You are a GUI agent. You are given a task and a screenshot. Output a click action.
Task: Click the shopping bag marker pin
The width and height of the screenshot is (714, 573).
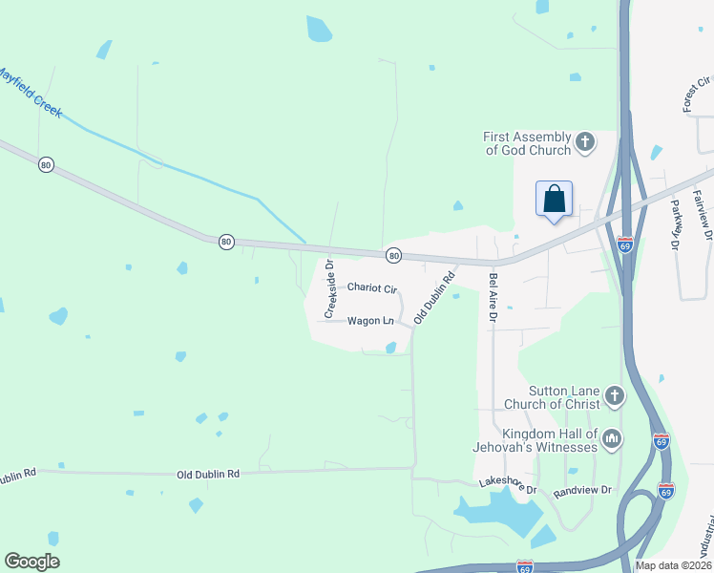[x=554, y=201]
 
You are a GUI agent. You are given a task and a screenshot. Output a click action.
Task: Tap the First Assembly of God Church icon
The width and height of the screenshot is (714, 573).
[x=585, y=143]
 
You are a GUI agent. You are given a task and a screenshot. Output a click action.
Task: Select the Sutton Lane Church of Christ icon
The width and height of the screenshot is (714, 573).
[x=614, y=395]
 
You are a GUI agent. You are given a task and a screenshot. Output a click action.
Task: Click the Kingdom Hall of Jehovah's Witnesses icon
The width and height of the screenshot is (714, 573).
[x=612, y=439]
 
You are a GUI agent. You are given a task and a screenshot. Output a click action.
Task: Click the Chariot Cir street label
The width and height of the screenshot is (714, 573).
[x=371, y=286]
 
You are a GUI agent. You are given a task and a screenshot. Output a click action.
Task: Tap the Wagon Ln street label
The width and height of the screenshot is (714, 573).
[x=370, y=321]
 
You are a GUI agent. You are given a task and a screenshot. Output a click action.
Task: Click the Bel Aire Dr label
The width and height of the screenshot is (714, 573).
[x=493, y=297]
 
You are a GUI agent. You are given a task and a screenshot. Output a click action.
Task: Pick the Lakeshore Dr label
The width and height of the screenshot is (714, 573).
[x=509, y=486]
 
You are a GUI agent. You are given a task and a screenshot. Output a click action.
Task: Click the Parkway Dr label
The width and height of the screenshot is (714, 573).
[x=674, y=224]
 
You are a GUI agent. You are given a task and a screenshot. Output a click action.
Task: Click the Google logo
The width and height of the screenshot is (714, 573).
[x=31, y=562]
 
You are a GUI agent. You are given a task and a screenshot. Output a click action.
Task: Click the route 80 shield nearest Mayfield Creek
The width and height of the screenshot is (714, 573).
[x=46, y=165]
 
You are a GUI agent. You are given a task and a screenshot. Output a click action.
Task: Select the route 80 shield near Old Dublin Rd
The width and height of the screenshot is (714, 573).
[x=393, y=255]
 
